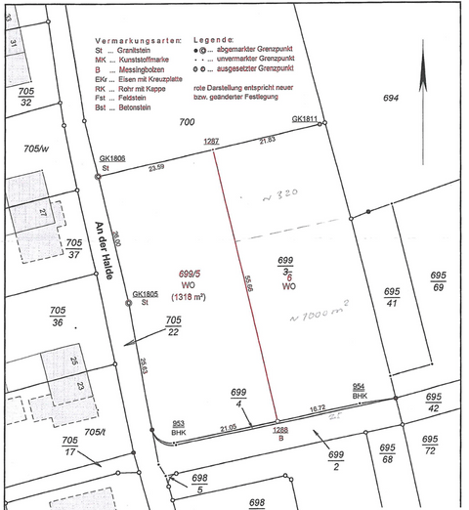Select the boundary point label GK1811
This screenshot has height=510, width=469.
tap(305, 118)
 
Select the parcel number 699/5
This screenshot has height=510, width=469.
tap(160, 276)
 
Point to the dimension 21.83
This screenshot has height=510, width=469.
tap(267, 141)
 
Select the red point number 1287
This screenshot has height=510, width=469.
tap(212, 142)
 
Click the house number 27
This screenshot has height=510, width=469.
tap(43, 212)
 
